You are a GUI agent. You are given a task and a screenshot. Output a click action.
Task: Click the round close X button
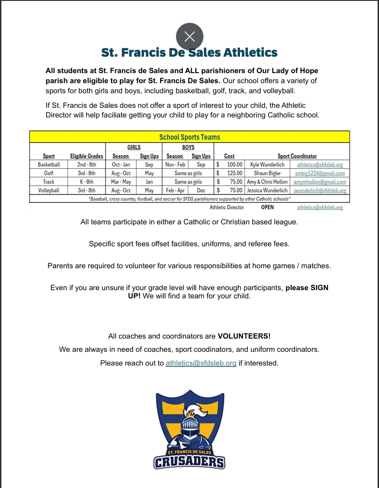(189, 37)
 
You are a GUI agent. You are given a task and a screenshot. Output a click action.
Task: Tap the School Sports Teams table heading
(189, 137)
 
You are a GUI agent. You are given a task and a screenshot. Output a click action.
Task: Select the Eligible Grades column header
(86, 156)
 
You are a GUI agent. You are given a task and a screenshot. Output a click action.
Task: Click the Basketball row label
(49, 164)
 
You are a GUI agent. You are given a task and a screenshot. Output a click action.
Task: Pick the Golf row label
(49, 173)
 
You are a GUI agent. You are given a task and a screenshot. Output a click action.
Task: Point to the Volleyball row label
(49, 190)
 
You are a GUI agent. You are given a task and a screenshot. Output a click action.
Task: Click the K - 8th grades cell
(86, 182)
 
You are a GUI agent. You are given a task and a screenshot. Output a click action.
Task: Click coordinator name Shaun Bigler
(267, 173)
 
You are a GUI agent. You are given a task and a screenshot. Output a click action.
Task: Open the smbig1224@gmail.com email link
(320, 173)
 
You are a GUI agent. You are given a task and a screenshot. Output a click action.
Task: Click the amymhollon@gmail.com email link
(320, 182)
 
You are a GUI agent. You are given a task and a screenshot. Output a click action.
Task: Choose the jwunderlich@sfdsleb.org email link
(320, 190)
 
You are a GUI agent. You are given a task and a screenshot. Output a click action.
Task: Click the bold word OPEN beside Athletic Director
(267, 207)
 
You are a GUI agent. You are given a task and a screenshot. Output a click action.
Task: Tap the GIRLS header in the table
(133, 147)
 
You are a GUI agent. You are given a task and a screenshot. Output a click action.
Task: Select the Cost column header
(230, 156)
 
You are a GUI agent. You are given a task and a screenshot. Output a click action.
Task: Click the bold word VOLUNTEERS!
(244, 336)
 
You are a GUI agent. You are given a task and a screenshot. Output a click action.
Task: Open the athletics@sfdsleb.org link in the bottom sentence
(201, 363)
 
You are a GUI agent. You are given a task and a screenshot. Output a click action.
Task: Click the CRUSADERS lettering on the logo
(189, 462)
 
